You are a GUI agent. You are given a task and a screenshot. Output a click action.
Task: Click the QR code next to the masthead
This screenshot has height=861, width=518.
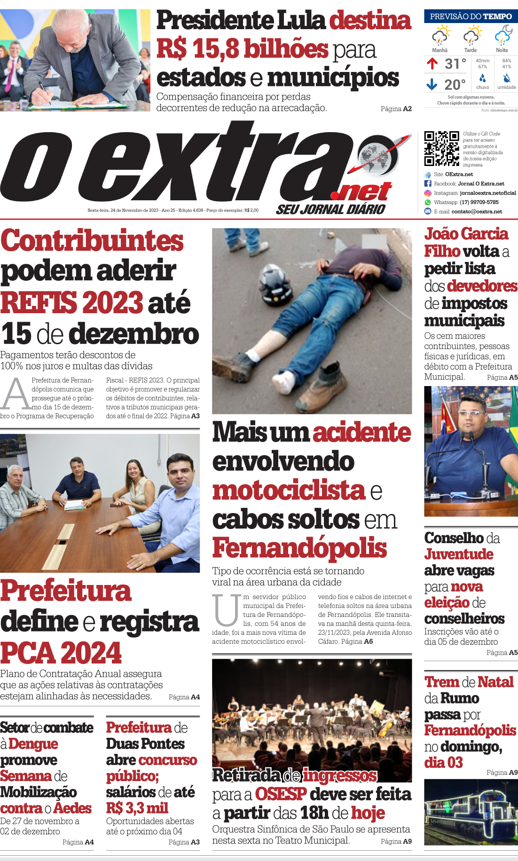point(441,149)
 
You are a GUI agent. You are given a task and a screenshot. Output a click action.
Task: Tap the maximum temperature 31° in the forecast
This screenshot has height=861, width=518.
point(455,63)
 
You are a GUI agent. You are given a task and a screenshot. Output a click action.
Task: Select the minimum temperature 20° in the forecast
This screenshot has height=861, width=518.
point(455,85)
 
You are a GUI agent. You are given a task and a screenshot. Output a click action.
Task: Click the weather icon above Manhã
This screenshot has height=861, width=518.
point(440,36)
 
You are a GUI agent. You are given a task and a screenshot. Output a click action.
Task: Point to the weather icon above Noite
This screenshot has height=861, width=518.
point(502,36)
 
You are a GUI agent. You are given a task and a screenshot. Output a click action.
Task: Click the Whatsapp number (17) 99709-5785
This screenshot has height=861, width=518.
point(479,202)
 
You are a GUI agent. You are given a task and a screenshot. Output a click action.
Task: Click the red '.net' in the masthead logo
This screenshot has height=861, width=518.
point(361,191)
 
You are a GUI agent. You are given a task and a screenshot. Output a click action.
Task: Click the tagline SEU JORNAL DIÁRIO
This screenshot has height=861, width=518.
point(330,210)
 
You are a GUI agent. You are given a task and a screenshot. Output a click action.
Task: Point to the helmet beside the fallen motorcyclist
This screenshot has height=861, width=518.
point(276,284)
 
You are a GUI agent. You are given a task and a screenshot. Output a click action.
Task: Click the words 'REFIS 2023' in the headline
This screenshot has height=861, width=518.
point(72,302)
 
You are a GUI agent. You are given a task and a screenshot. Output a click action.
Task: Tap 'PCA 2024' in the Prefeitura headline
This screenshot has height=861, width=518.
point(61,653)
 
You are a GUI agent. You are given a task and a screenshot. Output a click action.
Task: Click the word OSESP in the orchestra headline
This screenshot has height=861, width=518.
point(281,794)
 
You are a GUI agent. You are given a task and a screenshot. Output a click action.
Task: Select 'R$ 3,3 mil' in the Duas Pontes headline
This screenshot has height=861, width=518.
point(137,808)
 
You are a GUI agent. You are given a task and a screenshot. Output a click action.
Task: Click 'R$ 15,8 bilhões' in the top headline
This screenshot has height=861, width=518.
point(242,49)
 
